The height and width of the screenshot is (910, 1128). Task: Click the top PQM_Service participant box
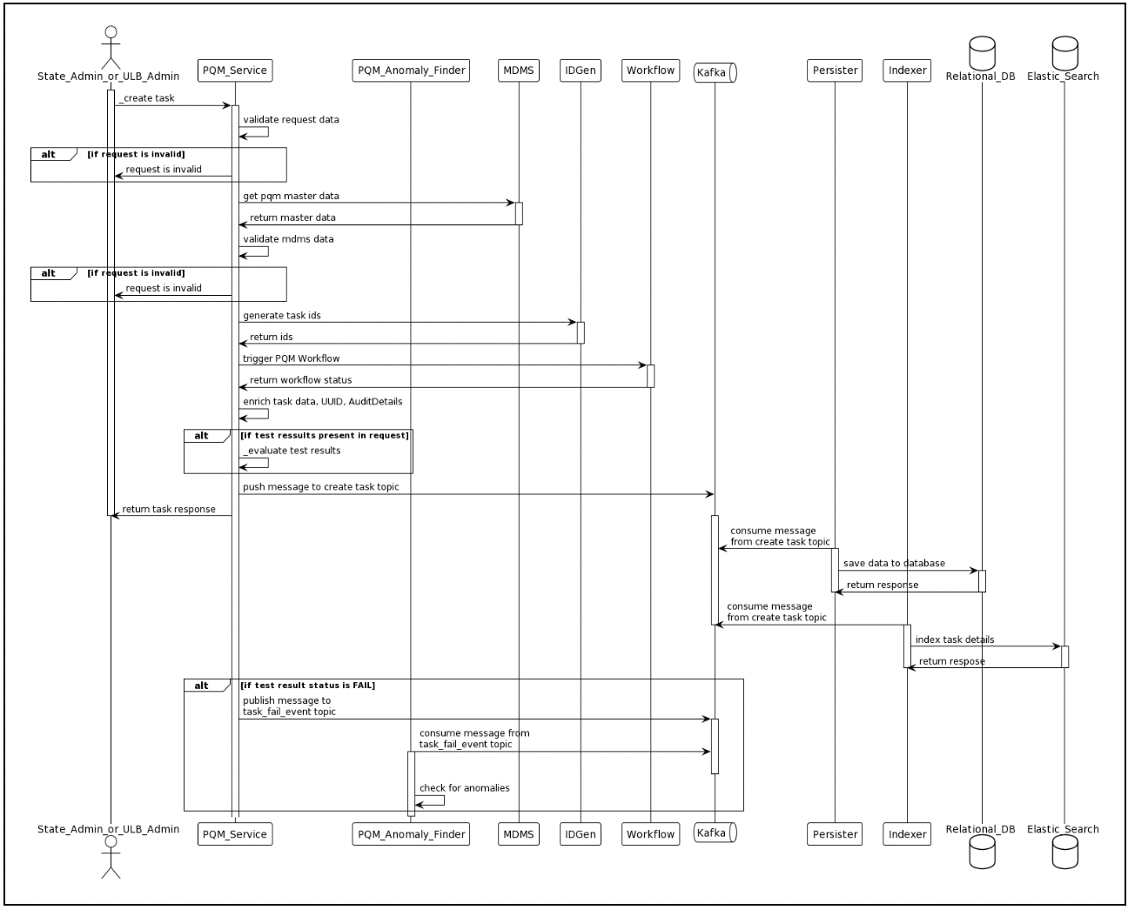click(234, 70)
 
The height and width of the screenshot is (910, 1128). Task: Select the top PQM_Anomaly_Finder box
click(411, 70)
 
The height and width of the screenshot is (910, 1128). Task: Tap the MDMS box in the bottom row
click(518, 834)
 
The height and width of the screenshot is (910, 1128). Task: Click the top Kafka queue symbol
click(715, 72)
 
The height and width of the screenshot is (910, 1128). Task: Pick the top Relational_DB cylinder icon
click(981, 52)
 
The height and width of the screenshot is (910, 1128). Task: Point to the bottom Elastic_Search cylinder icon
click(1064, 853)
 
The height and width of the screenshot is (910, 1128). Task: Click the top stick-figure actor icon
click(110, 47)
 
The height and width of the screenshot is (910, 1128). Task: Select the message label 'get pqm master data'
click(291, 197)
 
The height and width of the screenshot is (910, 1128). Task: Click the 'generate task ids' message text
click(281, 316)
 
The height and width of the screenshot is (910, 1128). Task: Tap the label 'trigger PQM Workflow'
click(291, 358)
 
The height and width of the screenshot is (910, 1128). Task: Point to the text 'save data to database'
click(894, 564)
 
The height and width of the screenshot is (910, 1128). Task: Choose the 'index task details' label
click(954, 639)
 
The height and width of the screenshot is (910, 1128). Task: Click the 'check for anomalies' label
click(464, 788)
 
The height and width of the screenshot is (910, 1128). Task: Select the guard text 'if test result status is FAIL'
click(308, 686)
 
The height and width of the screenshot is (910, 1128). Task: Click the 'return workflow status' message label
click(300, 380)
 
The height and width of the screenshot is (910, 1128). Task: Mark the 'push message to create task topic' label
click(320, 487)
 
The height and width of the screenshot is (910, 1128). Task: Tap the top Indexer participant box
click(907, 70)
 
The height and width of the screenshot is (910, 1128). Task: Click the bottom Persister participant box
click(835, 834)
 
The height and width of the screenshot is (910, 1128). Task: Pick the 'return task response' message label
click(168, 510)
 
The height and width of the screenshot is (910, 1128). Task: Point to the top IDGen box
click(580, 70)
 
